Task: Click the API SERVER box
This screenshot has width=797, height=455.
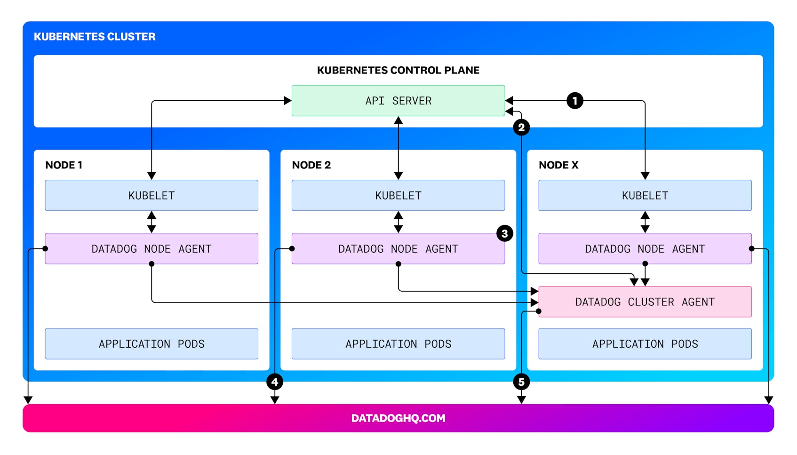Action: [398, 101]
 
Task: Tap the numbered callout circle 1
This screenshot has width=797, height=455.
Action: [574, 101]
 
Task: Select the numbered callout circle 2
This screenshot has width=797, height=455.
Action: [521, 128]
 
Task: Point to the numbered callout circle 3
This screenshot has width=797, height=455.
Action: [504, 233]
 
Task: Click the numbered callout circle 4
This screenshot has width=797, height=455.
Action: [275, 382]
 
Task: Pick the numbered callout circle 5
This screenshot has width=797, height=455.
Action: [521, 382]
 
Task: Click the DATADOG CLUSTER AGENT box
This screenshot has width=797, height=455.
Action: [645, 302]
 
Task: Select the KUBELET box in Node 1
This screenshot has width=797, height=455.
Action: [151, 195]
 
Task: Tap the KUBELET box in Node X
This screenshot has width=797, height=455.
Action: [645, 195]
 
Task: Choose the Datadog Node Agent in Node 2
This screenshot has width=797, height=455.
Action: [398, 248]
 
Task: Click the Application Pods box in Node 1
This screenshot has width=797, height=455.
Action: [151, 344]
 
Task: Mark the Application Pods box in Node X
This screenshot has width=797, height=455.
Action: [645, 344]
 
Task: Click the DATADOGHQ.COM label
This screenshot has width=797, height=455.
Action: [398, 418]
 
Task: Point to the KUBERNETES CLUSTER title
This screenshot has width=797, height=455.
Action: [95, 37]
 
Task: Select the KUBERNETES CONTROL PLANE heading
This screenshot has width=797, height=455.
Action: [398, 70]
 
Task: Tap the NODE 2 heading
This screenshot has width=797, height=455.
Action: [311, 165]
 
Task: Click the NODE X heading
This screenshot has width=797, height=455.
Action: [558, 165]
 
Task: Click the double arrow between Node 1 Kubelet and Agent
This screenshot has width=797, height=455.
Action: [151, 222]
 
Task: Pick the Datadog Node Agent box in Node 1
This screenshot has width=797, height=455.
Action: [151, 248]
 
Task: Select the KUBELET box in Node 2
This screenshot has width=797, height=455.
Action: [398, 195]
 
